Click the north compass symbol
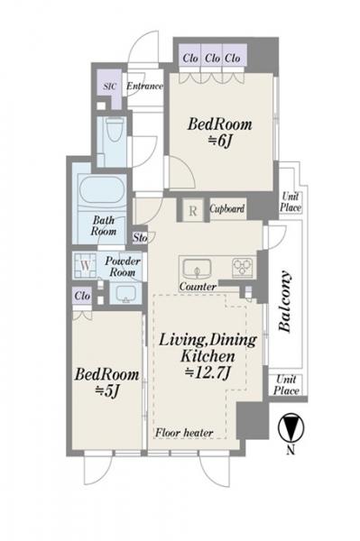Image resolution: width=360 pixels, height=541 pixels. [x=291, y=427]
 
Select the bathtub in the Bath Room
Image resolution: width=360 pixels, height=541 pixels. [x=102, y=189]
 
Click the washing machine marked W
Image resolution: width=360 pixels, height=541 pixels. [x=85, y=266]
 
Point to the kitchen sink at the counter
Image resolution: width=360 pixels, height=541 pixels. [x=197, y=268]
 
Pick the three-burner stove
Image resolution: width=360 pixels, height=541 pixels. [x=243, y=267]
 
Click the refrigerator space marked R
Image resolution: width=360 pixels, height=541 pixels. [x=193, y=210]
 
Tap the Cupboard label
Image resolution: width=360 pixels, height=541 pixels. [x=227, y=209]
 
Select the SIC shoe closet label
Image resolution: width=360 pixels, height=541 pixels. [x=110, y=87]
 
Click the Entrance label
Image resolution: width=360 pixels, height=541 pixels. [x=144, y=86]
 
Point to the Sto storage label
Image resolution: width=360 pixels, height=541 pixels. [x=141, y=238]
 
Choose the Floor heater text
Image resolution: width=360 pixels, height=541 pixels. [x=184, y=433]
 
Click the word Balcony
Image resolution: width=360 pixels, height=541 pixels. [x=285, y=302]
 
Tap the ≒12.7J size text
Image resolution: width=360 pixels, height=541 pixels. [x=208, y=372]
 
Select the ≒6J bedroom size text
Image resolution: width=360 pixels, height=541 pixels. [x=219, y=141]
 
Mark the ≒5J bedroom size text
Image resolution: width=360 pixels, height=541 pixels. [x=107, y=391]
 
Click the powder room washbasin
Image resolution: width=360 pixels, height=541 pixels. [x=125, y=294]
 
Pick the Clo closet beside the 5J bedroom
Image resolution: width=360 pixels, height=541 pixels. [x=82, y=297]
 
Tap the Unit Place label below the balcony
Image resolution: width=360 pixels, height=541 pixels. [x=286, y=385]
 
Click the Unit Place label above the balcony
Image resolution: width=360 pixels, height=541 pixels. [x=291, y=202]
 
